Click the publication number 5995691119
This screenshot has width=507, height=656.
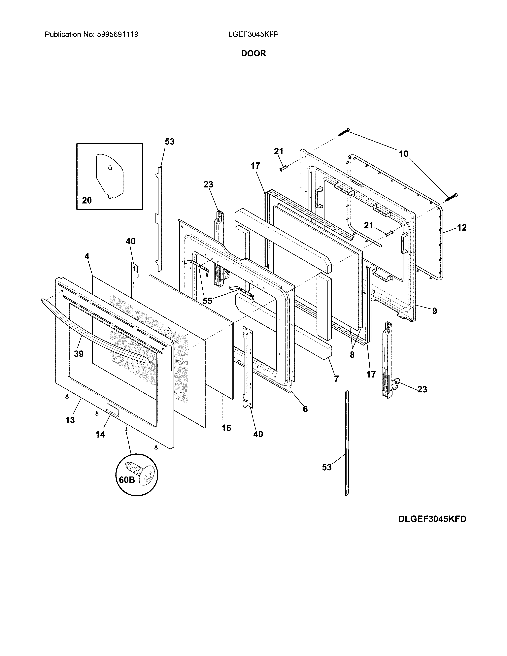(x=118, y=35)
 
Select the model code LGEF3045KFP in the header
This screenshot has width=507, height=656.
(x=253, y=35)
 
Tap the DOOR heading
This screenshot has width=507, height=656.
(x=253, y=53)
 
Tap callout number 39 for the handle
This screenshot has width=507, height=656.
(x=79, y=354)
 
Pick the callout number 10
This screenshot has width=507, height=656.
(x=404, y=154)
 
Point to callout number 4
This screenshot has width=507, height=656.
(x=87, y=256)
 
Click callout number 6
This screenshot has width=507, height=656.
(x=305, y=409)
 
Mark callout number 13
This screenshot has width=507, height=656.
(x=70, y=420)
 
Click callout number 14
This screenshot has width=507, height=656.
(x=100, y=434)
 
